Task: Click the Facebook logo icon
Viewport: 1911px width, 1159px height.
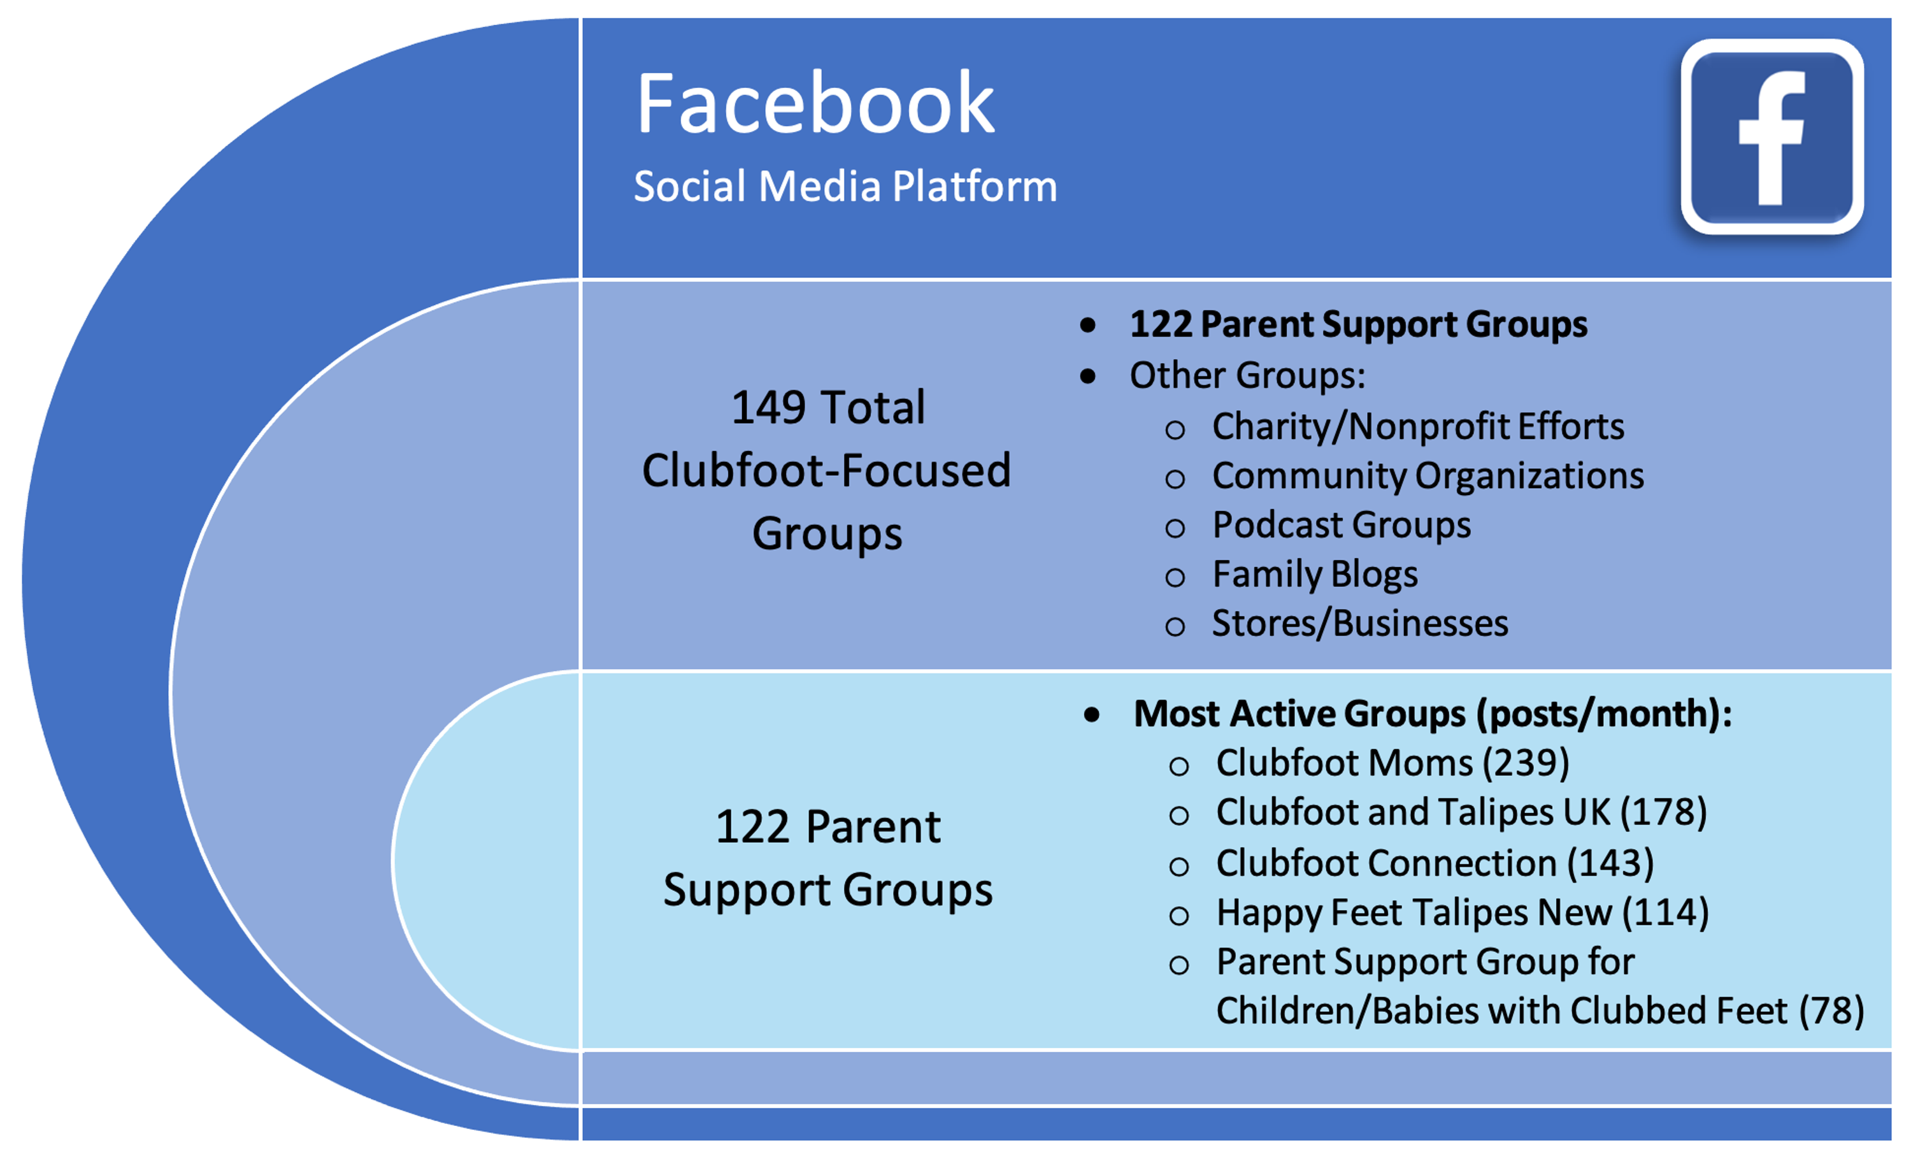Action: pos(1771,136)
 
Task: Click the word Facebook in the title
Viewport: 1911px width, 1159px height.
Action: pos(814,104)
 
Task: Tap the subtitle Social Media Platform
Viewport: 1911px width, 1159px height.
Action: pos(845,187)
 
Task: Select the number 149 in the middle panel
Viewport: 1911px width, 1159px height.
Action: pos(768,407)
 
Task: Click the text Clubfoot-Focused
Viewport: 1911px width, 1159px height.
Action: pos(826,471)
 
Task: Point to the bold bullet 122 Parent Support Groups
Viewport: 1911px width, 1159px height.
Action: pos(1357,324)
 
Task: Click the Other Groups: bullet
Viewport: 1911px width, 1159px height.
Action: pos(1247,375)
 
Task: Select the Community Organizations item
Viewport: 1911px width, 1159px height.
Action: pos(1427,475)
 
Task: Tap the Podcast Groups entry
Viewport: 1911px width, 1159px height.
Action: pos(1341,525)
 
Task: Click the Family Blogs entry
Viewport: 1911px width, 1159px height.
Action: pos(1315,575)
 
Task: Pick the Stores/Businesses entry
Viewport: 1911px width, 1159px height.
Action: pos(1359,624)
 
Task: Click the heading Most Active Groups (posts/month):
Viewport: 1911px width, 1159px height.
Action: pos(1432,714)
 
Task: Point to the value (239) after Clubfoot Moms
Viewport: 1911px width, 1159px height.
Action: pos(1526,763)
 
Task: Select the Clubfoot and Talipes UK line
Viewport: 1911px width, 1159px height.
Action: pos(1461,813)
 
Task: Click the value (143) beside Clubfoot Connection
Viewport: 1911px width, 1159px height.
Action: pos(1610,863)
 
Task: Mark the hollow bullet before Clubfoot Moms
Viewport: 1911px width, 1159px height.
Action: pos(1179,767)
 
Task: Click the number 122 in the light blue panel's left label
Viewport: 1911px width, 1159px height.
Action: pos(752,827)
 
